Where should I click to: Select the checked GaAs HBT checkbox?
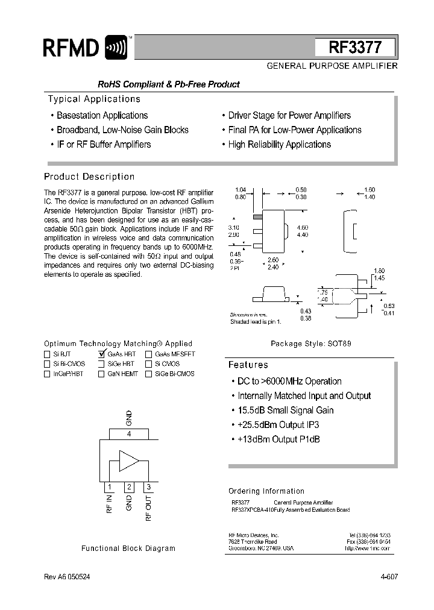click(101, 354)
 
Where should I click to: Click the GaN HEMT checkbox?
click(101, 374)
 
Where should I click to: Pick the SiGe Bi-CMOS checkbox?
click(148, 374)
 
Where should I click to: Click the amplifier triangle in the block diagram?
click(128, 461)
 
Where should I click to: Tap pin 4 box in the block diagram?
click(128, 434)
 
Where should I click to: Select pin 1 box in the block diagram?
click(109, 487)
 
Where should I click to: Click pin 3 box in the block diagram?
click(148, 487)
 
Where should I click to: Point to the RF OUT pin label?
click(149, 507)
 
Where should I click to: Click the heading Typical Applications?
click(94, 99)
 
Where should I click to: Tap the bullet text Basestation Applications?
click(102, 115)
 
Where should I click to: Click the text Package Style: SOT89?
click(310, 344)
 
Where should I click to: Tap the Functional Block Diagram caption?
click(128, 549)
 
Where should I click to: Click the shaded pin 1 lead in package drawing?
click(257, 216)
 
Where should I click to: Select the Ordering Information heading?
click(266, 491)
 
